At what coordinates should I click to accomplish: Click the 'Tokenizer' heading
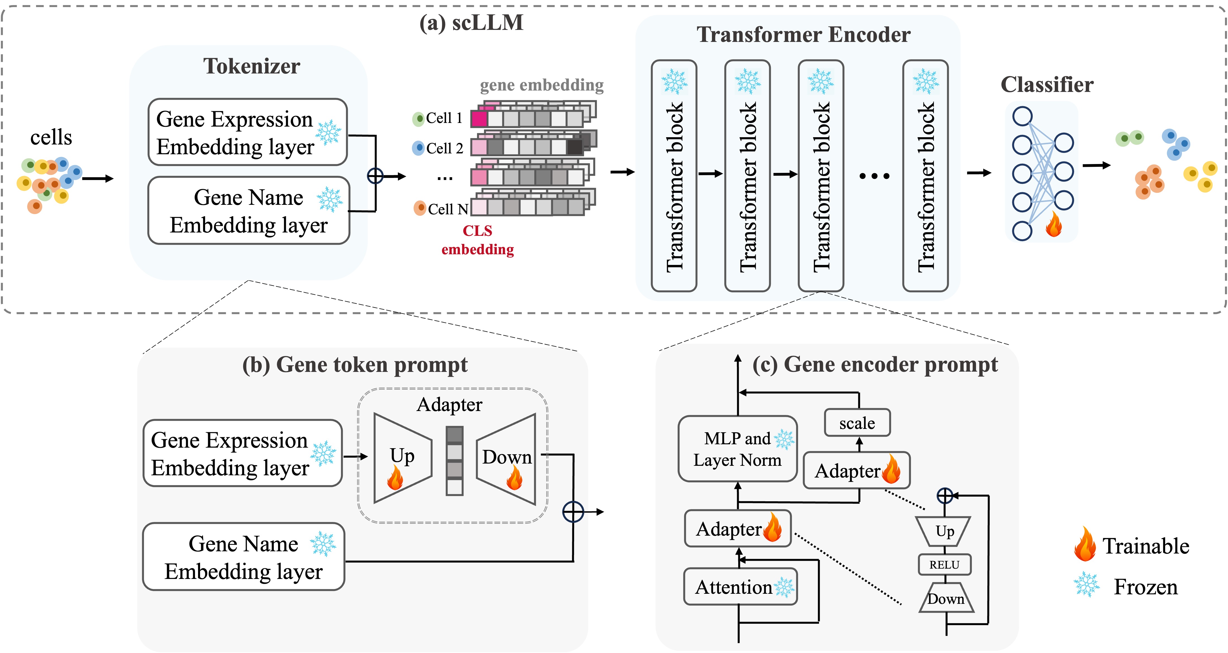click(252, 66)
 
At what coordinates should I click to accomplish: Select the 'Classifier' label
click(1047, 85)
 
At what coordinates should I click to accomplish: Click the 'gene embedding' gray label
click(541, 85)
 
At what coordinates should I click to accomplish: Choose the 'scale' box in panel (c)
click(857, 423)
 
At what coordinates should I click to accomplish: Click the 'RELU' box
click(944, 565)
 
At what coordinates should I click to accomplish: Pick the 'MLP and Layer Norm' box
click(737, 449)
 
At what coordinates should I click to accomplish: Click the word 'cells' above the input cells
click(51, 138)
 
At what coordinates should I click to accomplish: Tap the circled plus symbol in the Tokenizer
click(375, 176)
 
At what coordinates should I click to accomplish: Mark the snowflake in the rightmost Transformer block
click(926, 82)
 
